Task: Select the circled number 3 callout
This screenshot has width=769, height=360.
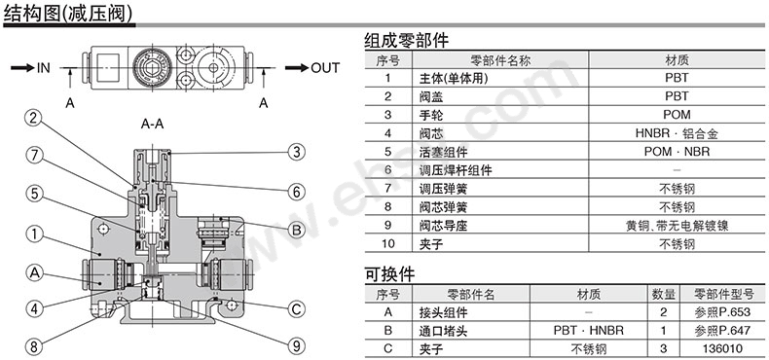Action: [296, 151]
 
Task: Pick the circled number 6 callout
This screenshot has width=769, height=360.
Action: [296, 191]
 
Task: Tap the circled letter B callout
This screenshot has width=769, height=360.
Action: [296, 231]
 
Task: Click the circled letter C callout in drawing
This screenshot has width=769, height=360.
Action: [296, 310]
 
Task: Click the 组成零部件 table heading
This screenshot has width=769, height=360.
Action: [406, 41]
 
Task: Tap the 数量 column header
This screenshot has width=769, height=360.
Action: [664, 293]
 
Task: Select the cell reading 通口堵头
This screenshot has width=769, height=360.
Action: [442, 330]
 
